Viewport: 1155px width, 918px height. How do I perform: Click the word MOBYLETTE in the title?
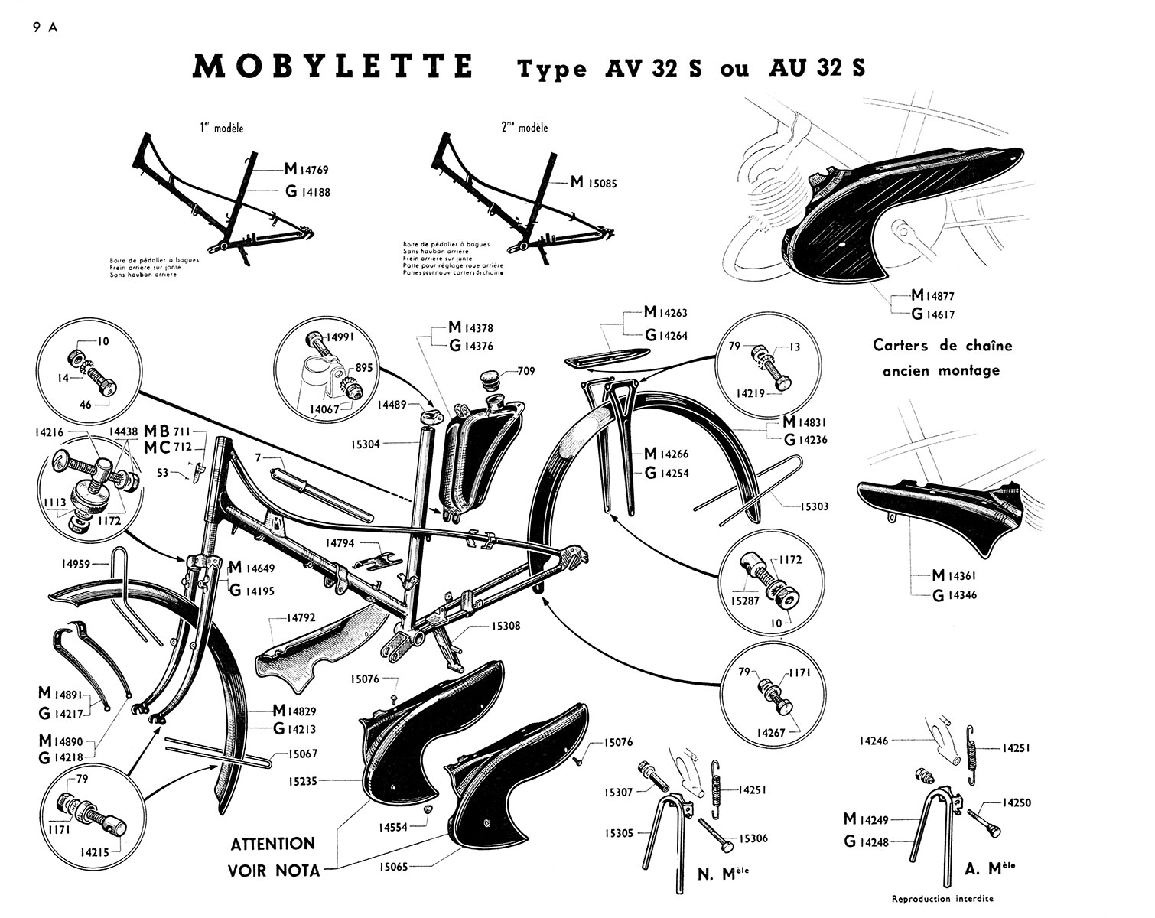(333, 67)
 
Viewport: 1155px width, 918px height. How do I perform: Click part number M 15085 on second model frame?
(594, 184)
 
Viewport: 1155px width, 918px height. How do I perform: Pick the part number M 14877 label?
(932, 295)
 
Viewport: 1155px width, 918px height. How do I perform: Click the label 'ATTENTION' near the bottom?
(273, 844)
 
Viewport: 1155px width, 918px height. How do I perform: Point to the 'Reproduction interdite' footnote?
(943, 899)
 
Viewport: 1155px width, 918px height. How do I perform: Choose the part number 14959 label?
(76, 565)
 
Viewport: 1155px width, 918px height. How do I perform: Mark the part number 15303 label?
(815, 506)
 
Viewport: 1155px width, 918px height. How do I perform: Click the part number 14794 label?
(340, 543)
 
